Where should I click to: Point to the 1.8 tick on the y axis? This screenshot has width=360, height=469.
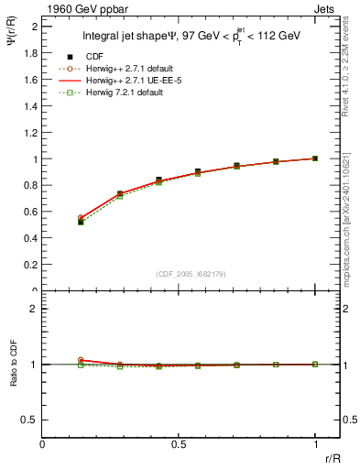click(31, 53)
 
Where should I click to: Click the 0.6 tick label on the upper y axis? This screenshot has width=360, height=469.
click(31, 212)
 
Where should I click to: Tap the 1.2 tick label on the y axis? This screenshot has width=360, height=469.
click(31, 133)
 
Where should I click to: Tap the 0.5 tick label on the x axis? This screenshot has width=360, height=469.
click(179, 445)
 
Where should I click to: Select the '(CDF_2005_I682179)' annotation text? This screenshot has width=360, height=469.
click(185, 273)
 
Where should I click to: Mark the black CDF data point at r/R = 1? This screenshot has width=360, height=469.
click(315, 158)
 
